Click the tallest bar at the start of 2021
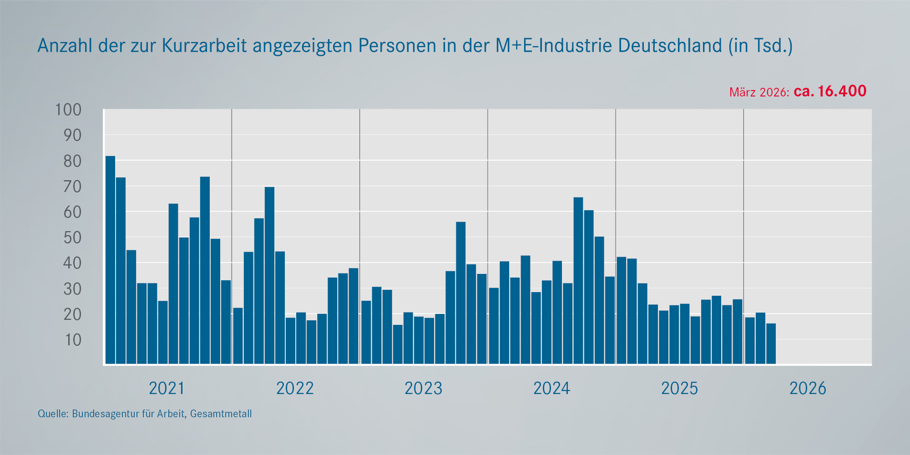(x=110, y=259)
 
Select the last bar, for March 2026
(x=771, y=344)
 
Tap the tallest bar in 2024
(x=578, y=280)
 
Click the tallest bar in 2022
(x=269, y=275)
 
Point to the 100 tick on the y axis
(x=68, y=110)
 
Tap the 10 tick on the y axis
(x=72, y=340)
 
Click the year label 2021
(x=167, y=389)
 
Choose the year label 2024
(x=551, y=389)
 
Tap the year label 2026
(x=808, y=389)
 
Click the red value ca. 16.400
(x=830, y=91)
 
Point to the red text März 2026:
(x=758, y=92)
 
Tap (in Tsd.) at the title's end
(x=760, y=45)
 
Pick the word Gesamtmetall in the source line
(x=221, y=414)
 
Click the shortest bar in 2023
(x=398, y=344)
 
